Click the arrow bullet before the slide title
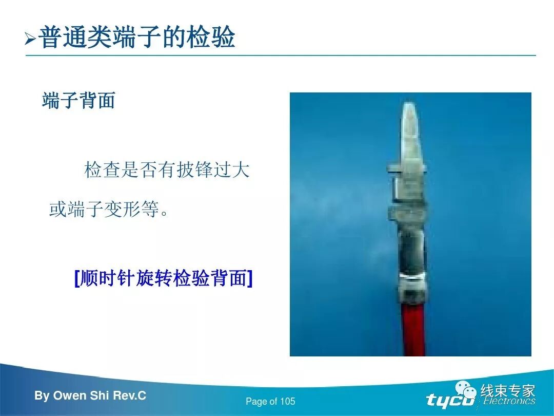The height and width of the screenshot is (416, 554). coord(30,39)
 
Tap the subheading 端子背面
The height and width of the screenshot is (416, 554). coord(78,101)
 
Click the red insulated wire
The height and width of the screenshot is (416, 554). coord(413,329)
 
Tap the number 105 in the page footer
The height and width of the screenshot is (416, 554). coord(287,402)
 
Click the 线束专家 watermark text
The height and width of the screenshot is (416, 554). coord(507,391)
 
